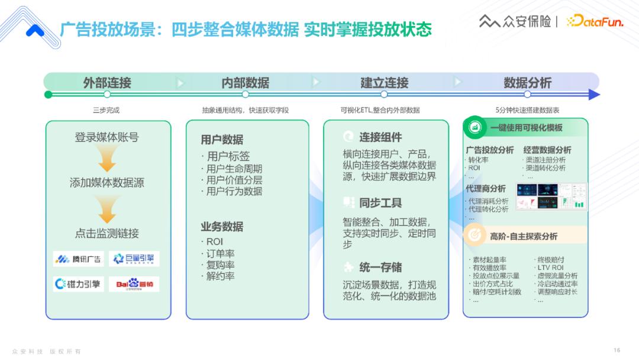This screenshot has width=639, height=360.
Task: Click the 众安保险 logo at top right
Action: [514, 21]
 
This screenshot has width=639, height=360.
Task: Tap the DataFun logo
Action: [594, 21]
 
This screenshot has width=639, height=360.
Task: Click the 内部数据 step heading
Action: [245, 83]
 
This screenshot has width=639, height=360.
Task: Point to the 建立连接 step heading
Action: [384, 83]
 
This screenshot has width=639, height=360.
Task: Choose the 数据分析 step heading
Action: [527, 83]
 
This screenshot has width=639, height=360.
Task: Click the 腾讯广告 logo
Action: [78, 259]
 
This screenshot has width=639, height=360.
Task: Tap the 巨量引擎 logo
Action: [134, 259]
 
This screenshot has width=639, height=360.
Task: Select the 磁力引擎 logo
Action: [78, 284]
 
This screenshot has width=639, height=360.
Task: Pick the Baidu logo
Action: [134, 284]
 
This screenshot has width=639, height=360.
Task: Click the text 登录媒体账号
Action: [106, 137]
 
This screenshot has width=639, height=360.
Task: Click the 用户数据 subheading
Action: [222, 140]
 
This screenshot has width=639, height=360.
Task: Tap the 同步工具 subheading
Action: [380, 202]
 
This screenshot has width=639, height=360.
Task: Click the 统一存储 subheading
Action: [380, 266]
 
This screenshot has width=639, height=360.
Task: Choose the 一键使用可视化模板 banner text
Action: [526, 128]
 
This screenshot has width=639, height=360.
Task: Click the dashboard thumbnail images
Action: [551, 196]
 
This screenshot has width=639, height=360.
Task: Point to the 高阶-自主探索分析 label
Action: [523, 236]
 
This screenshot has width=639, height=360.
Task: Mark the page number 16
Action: [617, 351]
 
